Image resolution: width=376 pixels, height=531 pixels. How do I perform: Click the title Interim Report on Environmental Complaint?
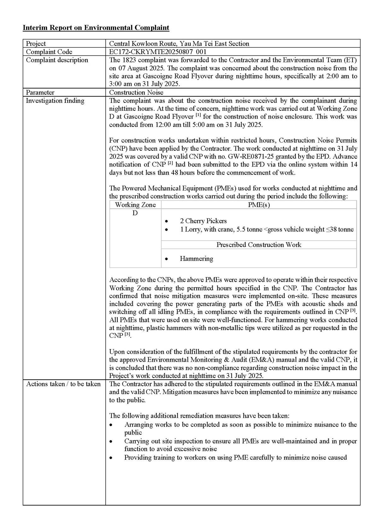point(96,28)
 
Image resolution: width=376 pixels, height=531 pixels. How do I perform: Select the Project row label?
point(36,44)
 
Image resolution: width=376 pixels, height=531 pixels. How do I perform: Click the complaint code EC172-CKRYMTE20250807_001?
point(158,52)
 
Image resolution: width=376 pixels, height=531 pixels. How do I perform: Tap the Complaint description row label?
point(57,60)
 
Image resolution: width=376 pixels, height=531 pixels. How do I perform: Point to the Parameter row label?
point(40,92)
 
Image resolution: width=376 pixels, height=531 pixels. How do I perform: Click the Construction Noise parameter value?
point(136,92)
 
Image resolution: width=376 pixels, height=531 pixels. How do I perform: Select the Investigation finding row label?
point(55,101)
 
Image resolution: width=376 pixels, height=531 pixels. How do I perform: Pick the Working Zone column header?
point(135,205)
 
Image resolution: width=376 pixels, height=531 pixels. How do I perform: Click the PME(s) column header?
point(259,205)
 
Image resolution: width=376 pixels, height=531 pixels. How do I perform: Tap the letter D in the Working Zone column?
point(135,213)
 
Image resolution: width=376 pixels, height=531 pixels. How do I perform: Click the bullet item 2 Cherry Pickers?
point(203,221)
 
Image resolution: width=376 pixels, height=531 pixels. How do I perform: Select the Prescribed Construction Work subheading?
point(259,245)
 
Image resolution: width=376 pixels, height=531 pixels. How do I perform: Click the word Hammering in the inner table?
point(196,259)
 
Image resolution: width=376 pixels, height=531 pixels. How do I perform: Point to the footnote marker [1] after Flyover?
point(198,115)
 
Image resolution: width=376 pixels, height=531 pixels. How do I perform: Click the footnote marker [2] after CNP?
point(170,163)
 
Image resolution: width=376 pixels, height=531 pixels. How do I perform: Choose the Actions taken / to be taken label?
point(63,384)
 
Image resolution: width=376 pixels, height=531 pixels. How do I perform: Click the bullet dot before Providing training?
point(111,458)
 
